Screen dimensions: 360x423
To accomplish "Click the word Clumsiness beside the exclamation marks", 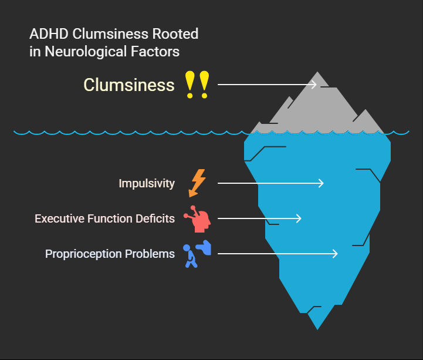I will pos(129,85).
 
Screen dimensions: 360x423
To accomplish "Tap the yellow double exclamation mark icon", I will pos(196,85).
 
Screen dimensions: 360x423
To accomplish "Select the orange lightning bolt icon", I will pos(198,183).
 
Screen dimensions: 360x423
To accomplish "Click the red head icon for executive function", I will pos(198,218).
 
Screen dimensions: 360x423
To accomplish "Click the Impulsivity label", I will pos(147,184).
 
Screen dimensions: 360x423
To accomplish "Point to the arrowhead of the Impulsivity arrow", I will pos(322,183).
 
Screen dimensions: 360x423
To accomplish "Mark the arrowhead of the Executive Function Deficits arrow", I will pos(299,218).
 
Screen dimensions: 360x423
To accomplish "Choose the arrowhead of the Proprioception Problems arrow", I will pos(336,254).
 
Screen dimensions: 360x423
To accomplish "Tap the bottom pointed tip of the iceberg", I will pos(317,327).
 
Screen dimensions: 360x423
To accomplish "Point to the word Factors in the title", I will pos(159,52).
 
